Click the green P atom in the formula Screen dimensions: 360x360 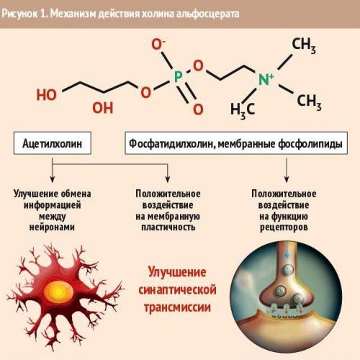click(x=178, y=76)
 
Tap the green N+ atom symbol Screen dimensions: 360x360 click(x=266, y=79)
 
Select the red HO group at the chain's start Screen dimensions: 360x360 click(x=47, y=94)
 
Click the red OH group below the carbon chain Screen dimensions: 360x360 click(x=103, y=107)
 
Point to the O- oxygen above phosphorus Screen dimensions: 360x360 click(x=158, y=45)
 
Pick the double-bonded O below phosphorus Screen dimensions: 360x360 click(x=198, y=109)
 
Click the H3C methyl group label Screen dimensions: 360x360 click(x=243, y=110)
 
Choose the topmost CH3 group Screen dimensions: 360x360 click(x=304, y=45)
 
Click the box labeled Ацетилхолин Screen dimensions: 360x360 click(x=53, y=143)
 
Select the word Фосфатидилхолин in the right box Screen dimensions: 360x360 click(x=171, y=144)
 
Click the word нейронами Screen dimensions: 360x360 click(x=52, y=227)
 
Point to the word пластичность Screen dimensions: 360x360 click(x=168, y=227)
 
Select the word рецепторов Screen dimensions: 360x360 click(x=284, y=228)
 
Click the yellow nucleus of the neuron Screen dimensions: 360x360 click(x=58, y=292)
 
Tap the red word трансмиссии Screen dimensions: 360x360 click(x=177, y=307)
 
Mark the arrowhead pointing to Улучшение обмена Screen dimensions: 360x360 click(x=53, y=179)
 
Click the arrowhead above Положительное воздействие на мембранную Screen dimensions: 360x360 click(x=168, y=179)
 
